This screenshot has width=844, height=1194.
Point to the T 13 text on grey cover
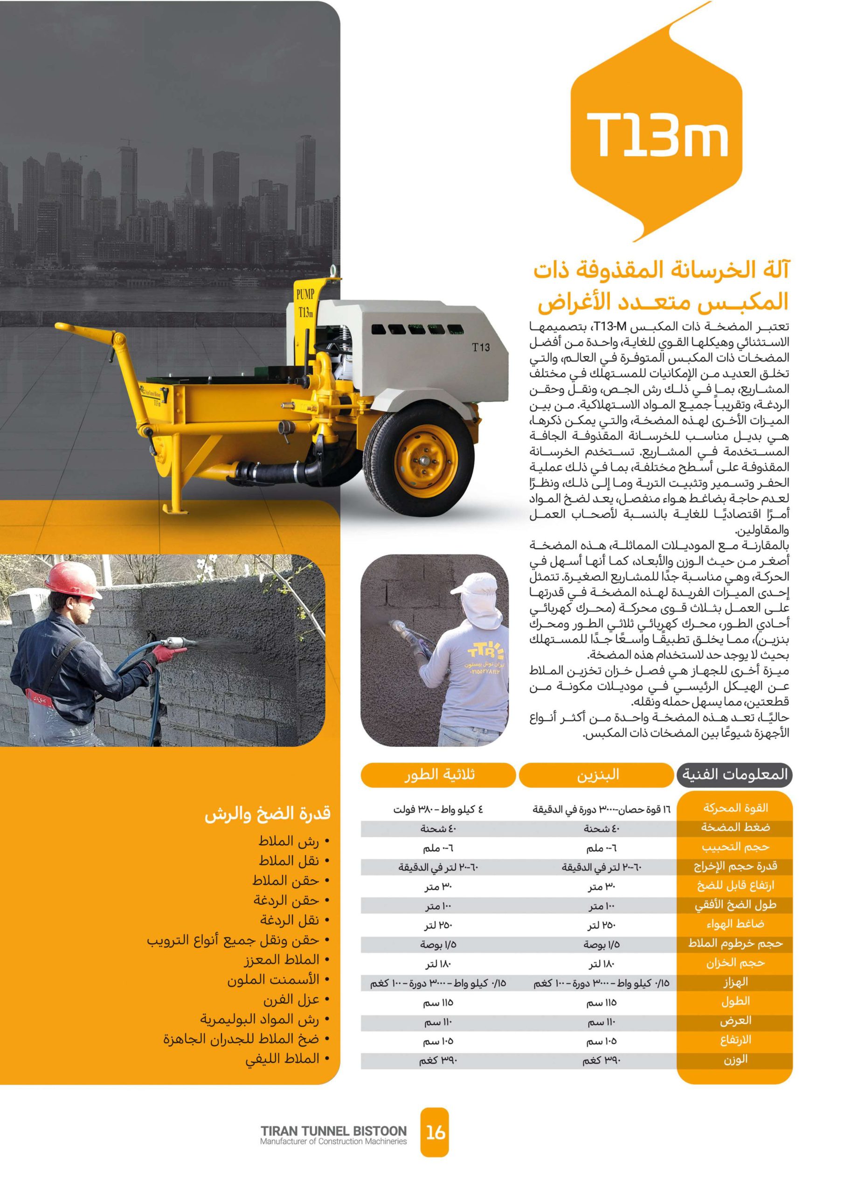pyautogui.click(x=480, y=347)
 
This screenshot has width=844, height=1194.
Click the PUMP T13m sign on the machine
pyautogui.click(x=305, y=303)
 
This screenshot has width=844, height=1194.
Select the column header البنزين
pyautogui.click(x=597, y=775)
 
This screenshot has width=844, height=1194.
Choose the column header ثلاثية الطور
pyautogui.click(x=439, y=775)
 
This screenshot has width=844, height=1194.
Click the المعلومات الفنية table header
pyautogui.click(x=734, y=775)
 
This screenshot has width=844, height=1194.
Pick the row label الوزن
pyautogui.click(x=735, y=1059)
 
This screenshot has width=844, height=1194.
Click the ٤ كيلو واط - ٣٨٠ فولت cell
pyautogui.click(x=438, y=810)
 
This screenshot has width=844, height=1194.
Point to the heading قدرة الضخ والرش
pyautogui.click(x=267, y=814)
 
